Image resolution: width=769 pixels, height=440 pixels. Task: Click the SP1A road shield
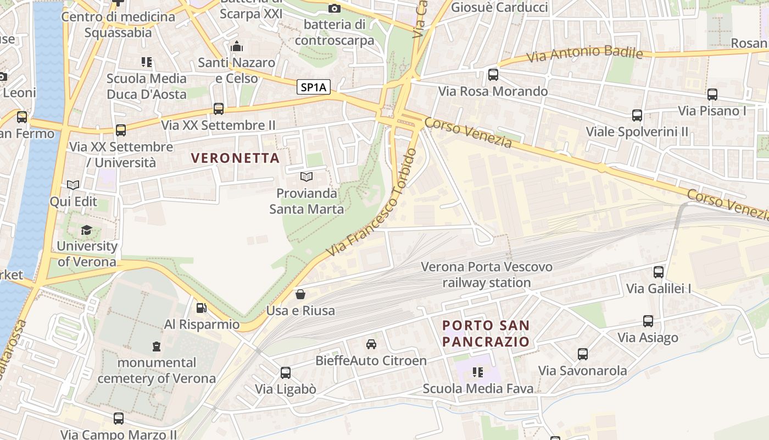314,87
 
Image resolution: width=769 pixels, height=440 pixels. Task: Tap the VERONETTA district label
235,158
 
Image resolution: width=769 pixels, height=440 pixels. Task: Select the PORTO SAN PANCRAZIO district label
486,333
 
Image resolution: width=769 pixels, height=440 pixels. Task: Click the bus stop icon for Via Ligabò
286,373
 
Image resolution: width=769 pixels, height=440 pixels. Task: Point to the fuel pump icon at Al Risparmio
202,308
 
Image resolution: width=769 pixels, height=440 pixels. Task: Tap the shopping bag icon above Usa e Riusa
300,294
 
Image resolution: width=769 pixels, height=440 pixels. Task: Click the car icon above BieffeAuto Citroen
371,344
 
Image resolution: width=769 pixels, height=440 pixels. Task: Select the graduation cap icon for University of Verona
86,230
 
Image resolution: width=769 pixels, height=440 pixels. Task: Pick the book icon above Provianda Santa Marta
306,177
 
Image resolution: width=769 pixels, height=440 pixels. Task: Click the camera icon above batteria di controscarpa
334,8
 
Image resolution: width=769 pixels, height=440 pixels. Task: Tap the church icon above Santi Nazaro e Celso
237,46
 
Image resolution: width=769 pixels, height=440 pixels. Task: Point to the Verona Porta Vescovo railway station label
487,274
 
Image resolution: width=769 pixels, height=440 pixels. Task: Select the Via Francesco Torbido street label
372,202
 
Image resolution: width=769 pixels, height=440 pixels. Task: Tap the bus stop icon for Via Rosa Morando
493,75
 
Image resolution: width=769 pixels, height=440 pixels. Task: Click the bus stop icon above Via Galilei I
659,272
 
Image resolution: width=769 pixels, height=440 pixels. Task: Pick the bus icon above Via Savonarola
583,354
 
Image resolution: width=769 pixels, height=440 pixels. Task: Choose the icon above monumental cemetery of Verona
157,346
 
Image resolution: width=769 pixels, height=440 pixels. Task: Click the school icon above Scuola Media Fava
478,372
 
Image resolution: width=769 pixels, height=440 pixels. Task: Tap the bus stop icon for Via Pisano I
712,95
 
